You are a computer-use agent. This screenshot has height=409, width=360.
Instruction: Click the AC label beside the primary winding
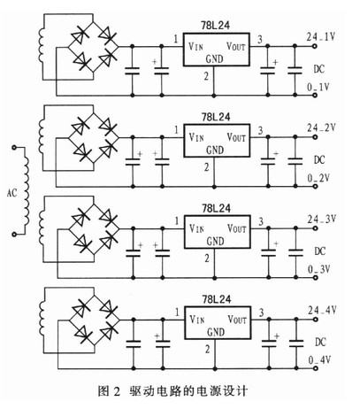point(11,193)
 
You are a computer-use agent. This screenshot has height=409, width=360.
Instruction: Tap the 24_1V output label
point(321,37)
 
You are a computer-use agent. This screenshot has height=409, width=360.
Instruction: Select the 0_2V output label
point(318,178)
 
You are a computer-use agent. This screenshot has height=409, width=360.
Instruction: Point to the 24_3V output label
point(322,220)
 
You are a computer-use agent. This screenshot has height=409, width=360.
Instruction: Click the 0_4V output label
point(319,360)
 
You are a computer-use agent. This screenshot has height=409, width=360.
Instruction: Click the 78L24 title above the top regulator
point(215,26)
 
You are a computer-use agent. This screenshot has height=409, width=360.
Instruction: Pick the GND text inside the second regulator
point(215,150)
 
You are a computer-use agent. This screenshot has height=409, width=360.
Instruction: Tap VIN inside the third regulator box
point(196,228)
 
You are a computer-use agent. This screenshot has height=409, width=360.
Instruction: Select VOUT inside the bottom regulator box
point(237,320)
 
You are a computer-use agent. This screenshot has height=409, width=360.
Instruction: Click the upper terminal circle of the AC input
point(14,147)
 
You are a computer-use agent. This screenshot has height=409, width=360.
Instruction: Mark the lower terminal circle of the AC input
point(14,234)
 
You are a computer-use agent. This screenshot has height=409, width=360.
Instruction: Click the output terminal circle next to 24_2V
point(316,137)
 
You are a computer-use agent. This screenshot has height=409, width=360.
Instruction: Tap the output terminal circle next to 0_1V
point(315,96)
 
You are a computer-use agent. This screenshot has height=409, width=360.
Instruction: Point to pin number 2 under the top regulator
point(206,76)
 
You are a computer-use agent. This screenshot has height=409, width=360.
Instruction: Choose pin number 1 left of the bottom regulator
point(177,312)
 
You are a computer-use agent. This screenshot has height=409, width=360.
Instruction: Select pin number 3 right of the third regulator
point(261,221)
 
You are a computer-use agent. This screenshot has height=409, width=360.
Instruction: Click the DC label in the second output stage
point(319,160)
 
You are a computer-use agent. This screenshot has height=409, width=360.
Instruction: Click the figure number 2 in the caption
point(117,392)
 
